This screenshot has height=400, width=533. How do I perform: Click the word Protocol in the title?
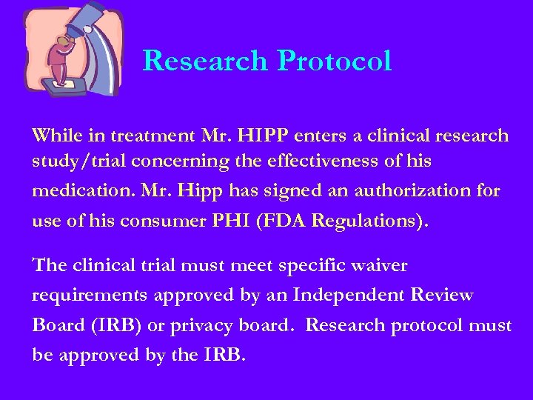pos(335,61)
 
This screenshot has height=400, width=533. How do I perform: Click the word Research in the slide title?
pos(206,61)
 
